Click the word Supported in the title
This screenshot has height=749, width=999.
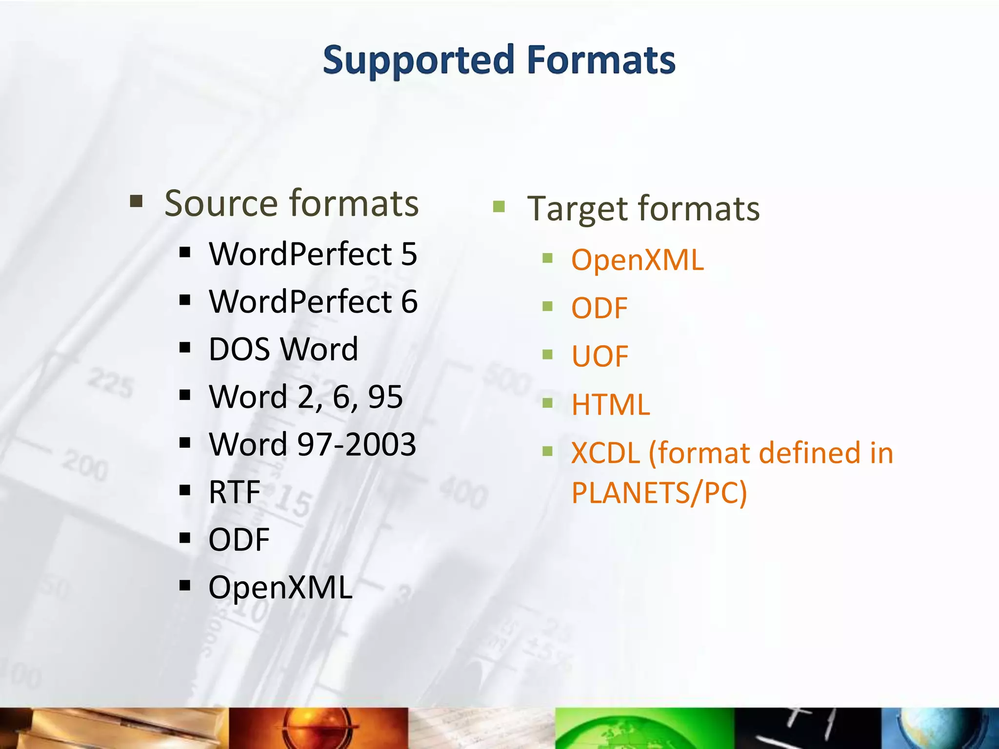419,60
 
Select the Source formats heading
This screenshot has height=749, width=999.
291,203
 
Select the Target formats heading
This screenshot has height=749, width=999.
643,209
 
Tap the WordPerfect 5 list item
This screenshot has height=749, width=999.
313,254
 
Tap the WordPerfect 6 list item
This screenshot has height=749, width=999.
313,301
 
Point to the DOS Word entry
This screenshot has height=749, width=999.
283,349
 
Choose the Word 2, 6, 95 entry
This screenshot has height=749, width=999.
305,396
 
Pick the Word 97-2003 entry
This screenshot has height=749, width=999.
312,444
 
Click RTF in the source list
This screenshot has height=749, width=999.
234,492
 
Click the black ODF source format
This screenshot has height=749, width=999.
239,539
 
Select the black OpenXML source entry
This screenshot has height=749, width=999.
280,587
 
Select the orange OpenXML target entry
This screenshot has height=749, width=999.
638,259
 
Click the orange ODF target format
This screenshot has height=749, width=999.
599,308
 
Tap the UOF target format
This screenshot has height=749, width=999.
600,356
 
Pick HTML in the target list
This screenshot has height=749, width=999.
611,404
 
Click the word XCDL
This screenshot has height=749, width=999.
605,453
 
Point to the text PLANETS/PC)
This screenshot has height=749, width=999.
659,493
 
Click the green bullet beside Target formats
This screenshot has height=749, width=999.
499,206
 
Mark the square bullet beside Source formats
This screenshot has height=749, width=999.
136,201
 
